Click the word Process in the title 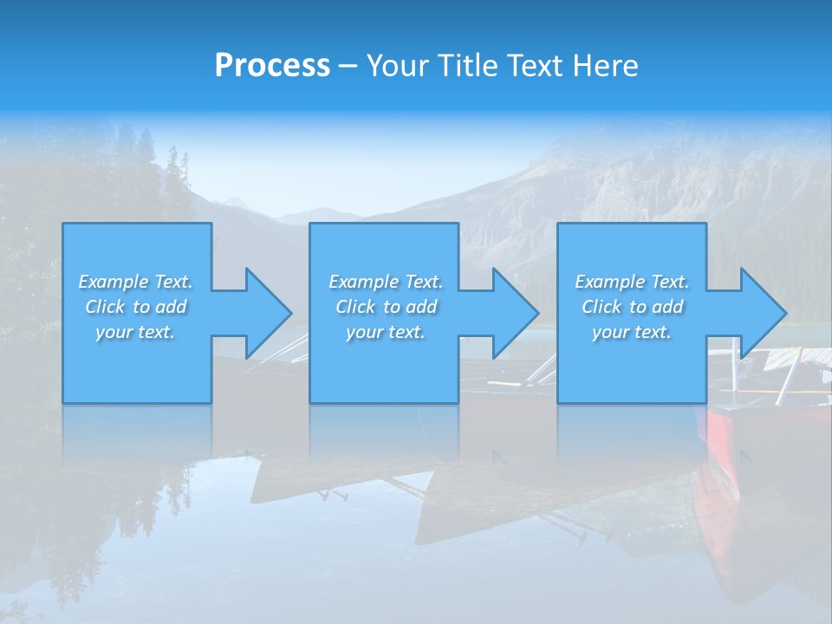tap(272, 66)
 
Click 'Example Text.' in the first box tap(135, 282)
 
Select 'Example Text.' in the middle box tap(386, 282)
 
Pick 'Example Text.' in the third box tap(632, 282)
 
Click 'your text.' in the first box tap(135, 332)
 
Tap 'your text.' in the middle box tap(386, 332)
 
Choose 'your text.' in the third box tap(632, 332)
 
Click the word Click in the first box tap(105, 307)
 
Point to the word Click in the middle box tap(355, 307)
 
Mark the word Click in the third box tap(601, 307)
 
